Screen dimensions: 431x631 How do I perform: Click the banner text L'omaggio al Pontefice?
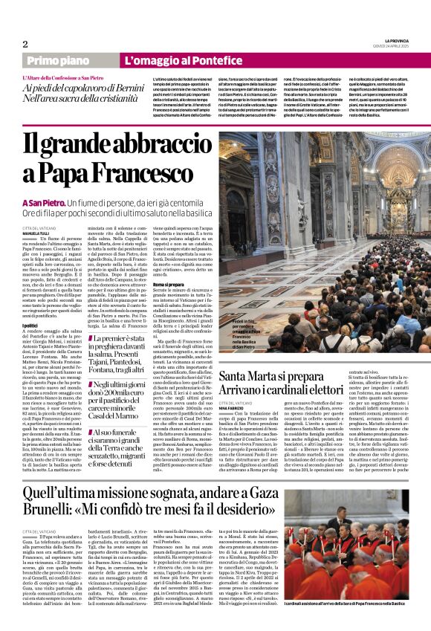(175, 60)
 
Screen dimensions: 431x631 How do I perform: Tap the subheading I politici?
(31, 325)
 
